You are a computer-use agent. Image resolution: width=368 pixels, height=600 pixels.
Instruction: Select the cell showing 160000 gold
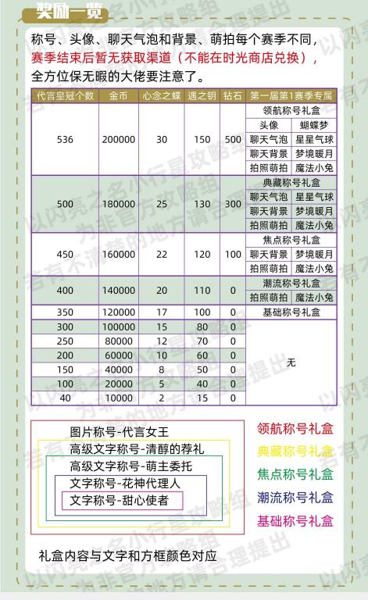119,254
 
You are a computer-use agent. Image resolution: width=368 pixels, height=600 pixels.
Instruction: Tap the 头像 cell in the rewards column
269,124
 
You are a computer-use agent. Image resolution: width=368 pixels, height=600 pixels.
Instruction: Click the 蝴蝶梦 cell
315,124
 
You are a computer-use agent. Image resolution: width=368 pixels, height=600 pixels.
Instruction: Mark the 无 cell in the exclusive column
291,362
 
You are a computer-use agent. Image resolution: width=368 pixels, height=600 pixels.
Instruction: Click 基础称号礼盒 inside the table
291,312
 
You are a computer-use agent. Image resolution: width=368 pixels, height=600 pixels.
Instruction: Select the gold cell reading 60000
119,355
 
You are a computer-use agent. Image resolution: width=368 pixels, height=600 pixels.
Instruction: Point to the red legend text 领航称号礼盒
295,428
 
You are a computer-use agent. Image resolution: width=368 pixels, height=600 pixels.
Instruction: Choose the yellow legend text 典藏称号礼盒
295,452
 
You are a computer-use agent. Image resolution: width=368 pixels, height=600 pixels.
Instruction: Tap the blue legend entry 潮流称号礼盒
295,498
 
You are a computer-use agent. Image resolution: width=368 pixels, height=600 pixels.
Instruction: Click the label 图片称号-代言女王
119,432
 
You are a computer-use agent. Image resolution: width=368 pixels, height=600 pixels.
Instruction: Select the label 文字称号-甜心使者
119,500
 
